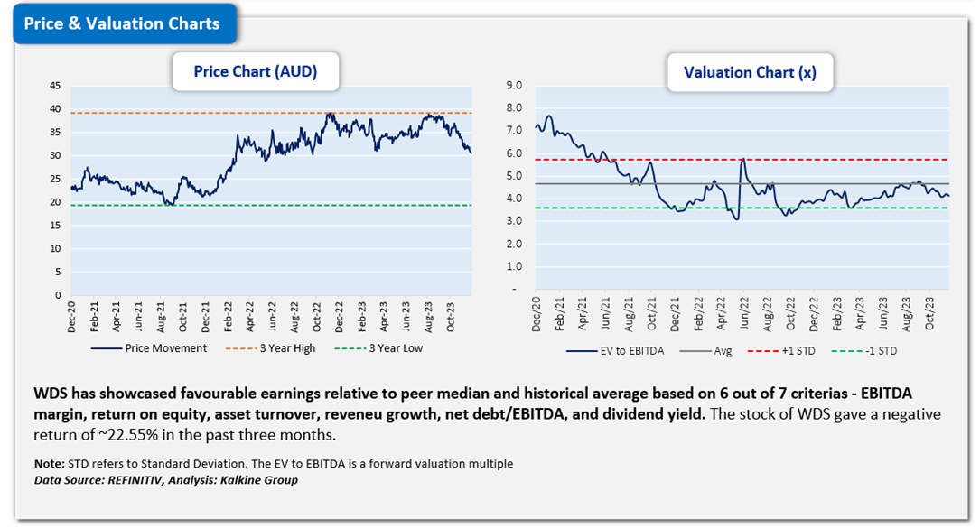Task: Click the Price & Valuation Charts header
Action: coord(122,24)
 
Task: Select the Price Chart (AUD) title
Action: coord(256,72)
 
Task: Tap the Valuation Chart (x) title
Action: coord(750,73)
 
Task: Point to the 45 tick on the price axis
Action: coord(55,86)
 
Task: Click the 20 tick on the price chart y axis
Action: coord(55,202)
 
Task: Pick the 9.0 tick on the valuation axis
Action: coord(516,86)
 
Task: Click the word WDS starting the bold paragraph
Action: coord(50,394)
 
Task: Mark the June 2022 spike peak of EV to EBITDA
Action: coord(742,160)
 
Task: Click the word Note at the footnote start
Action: coord(48,464)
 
